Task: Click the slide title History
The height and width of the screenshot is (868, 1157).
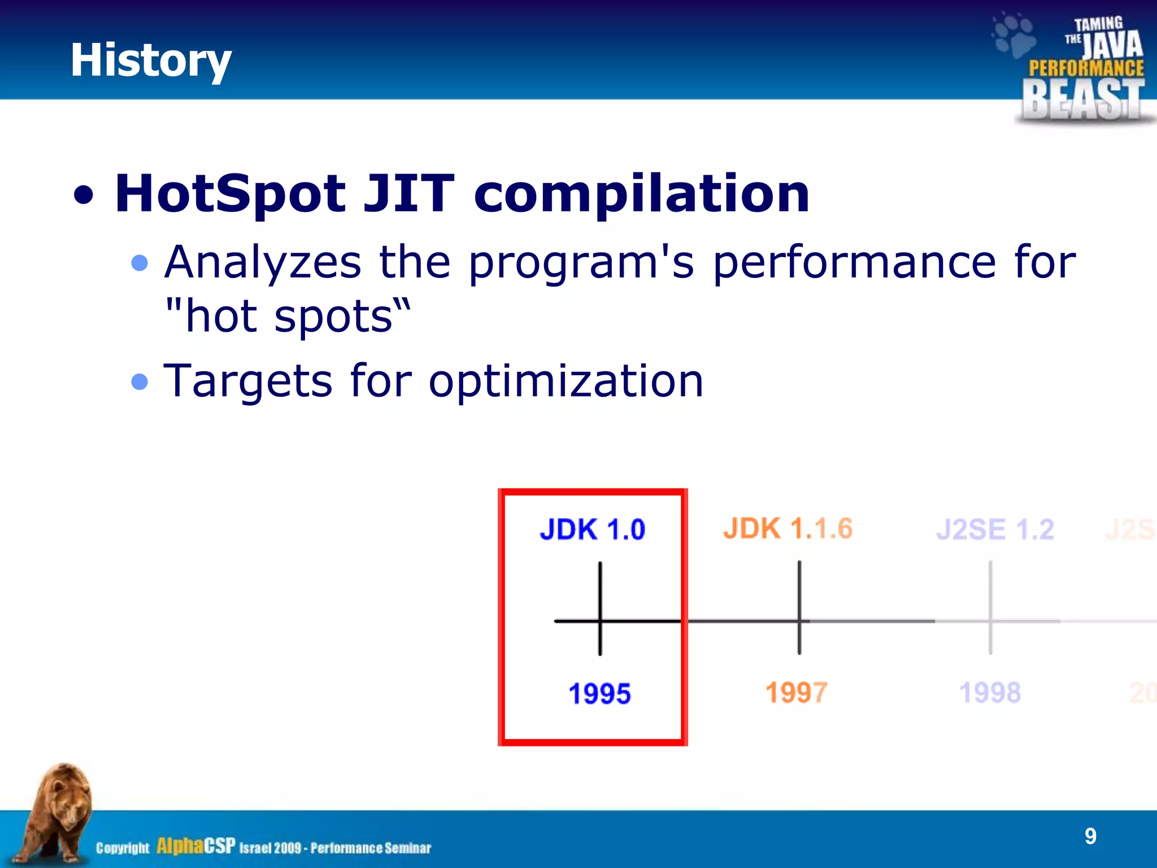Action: [150, 60]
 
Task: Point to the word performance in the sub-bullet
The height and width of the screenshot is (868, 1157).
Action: [854, 263]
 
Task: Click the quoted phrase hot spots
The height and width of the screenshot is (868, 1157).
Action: [288, 316]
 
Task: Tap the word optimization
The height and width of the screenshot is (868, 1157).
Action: [566, 381]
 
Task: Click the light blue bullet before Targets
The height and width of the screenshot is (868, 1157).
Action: [139, 382]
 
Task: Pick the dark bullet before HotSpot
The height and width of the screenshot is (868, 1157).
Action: [84, 196]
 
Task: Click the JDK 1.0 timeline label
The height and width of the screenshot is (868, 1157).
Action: [592, 530]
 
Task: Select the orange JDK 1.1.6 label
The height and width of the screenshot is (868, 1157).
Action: [788, 529]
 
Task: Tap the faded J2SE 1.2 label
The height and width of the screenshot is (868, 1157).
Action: [995, 530]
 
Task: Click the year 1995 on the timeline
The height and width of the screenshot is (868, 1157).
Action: [599, 693]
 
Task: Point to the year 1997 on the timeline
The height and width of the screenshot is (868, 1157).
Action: [796, 692]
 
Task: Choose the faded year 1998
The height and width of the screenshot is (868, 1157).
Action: [990, 692]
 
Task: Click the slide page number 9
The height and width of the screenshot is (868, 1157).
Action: [1090, 836]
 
